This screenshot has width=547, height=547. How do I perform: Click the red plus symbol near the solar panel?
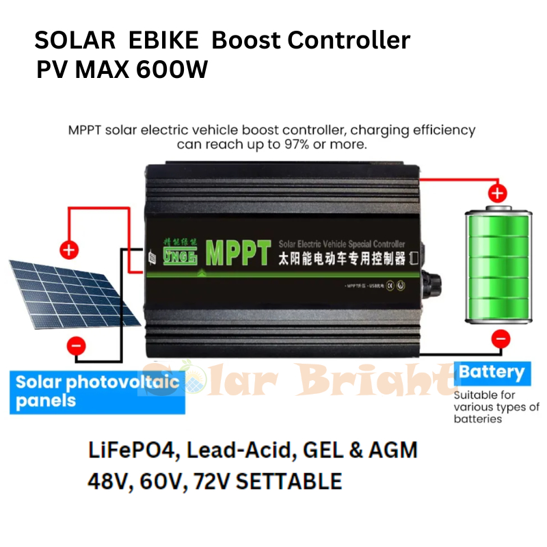point(68,250)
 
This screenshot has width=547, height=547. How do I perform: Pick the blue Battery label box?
point(492,373)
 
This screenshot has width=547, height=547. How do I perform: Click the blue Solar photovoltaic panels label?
point(97,392)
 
